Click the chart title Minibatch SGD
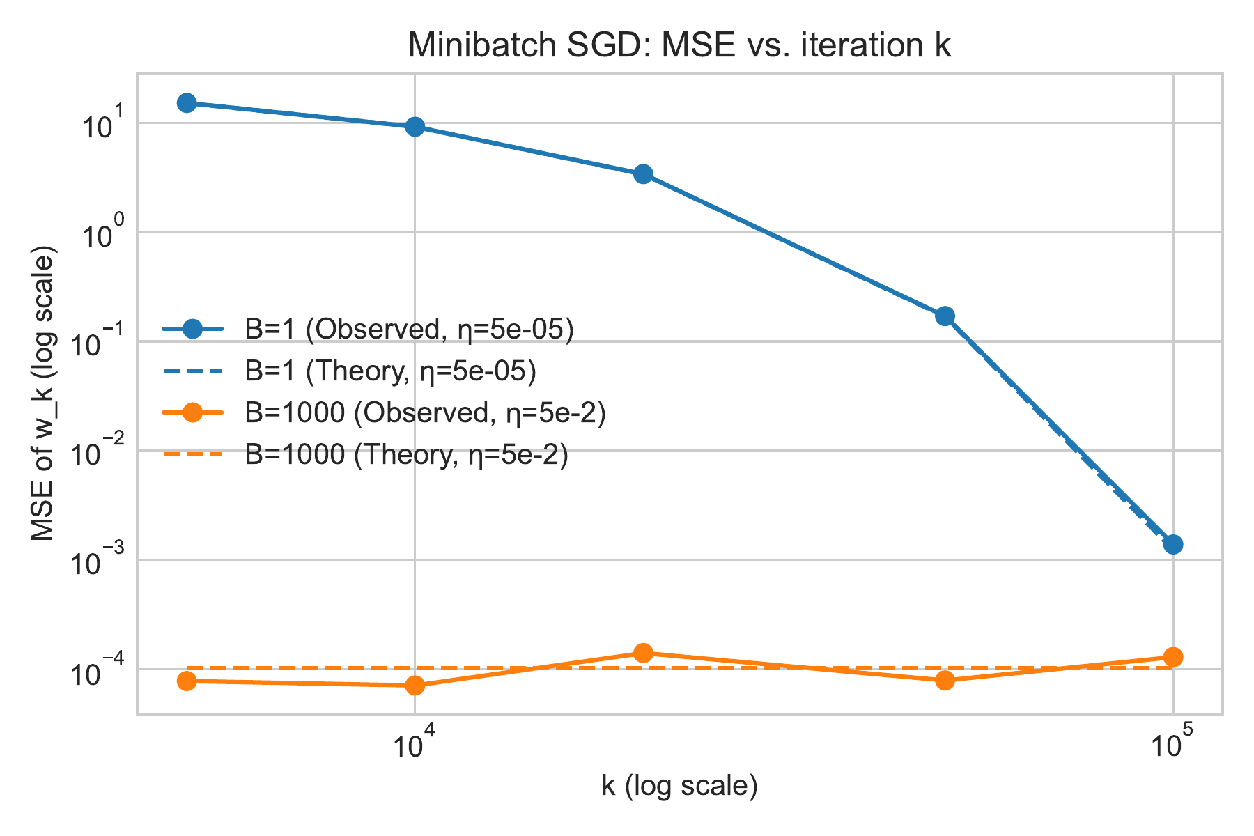tap(679, 46)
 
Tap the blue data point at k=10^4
tap(415, 126)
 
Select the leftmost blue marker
tap(187, 103)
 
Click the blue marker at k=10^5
tap(1173, 544)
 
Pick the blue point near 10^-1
tap(945, 316)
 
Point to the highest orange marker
tap(644, 653)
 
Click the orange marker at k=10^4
tap(415, 686)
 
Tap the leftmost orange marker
tap(187, 681)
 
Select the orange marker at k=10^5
tap(1173, 656)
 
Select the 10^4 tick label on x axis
tap(415, 743)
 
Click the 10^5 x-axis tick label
tap(1173, 743)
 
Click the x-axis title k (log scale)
tap(679, 786)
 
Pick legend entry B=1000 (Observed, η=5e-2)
tap(425, 413)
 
